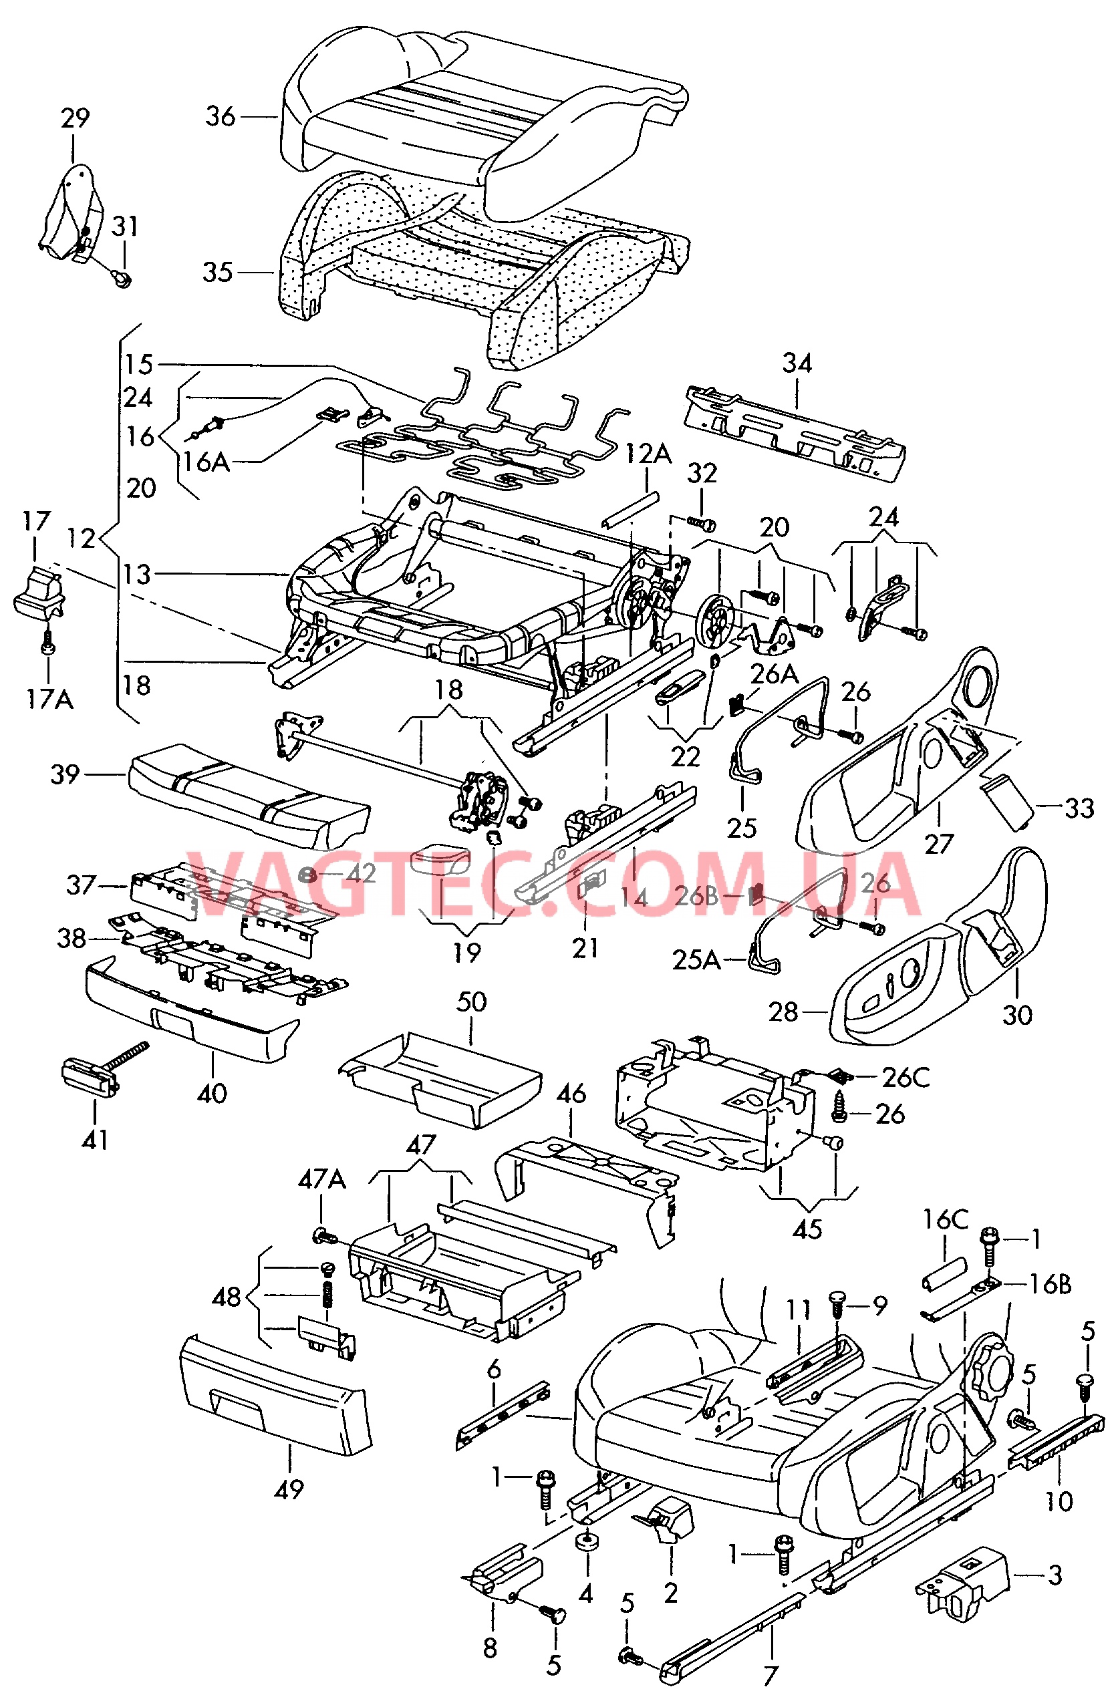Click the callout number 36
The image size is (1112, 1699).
(x=220, y=116)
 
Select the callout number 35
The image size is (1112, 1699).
(x=217, y=272)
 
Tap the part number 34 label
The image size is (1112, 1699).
(x=797, y=363)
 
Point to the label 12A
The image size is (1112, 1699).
(x=648, y=452)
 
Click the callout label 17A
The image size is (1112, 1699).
(x=49, y=699)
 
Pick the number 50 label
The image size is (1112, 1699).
(x=471, y=1001)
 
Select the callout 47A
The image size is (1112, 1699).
(x=321, y=1180)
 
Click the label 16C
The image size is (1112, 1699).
(x=945, y=1219)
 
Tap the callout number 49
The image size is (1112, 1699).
(x=289, y=1489)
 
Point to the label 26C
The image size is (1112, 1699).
(x=906, y=1077)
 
